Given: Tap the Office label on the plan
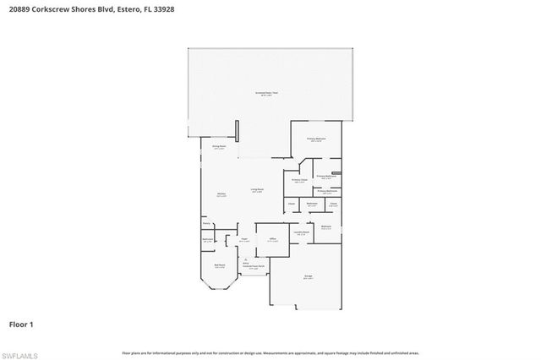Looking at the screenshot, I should [272, 239].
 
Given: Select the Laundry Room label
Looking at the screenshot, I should [301, 231].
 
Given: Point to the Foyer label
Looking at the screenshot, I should [243, 240].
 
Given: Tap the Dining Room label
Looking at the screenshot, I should [219, 146].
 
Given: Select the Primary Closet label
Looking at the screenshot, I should [299, 179].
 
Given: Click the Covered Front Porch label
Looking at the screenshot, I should [246, 268].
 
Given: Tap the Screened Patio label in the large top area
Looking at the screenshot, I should [267, 93].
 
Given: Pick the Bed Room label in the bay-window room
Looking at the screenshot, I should [219, 265].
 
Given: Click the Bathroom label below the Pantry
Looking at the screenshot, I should [208, 240].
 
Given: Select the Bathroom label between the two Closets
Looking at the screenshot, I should [312, 204].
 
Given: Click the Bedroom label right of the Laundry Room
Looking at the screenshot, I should [325, 227].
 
